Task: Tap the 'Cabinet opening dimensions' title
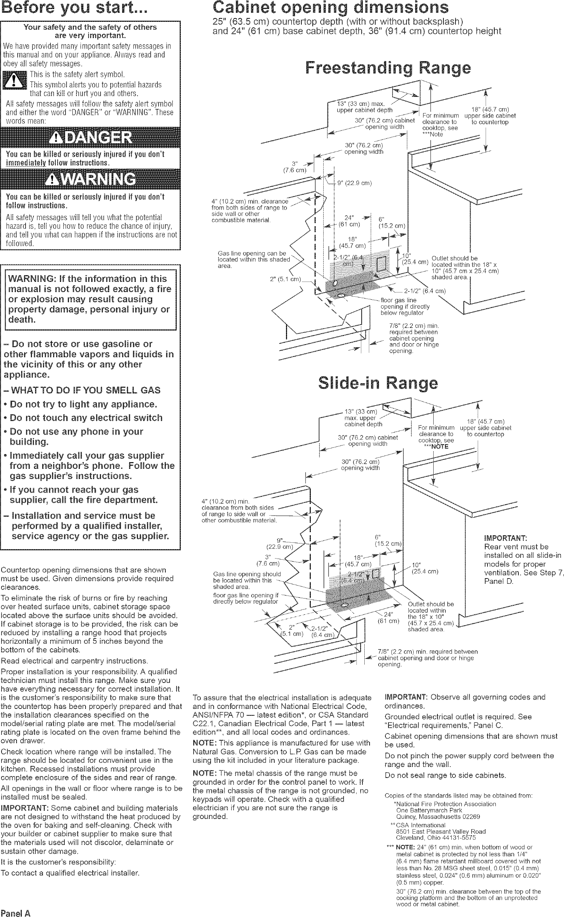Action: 331,8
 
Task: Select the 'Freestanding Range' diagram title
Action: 388,68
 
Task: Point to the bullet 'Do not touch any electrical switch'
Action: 86,418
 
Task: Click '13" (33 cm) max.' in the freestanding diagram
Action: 361,104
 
